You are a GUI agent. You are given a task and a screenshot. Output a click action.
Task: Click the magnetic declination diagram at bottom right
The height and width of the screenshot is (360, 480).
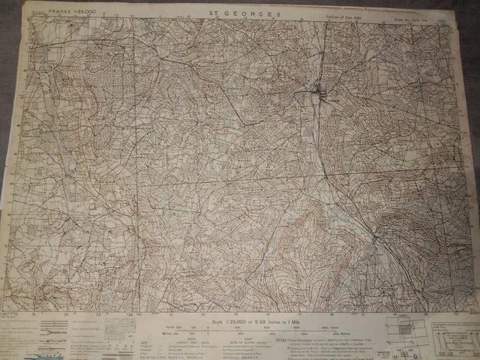tap(450, 334)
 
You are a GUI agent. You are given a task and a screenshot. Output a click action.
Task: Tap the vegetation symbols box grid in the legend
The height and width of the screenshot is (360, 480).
tap(113, 331)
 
